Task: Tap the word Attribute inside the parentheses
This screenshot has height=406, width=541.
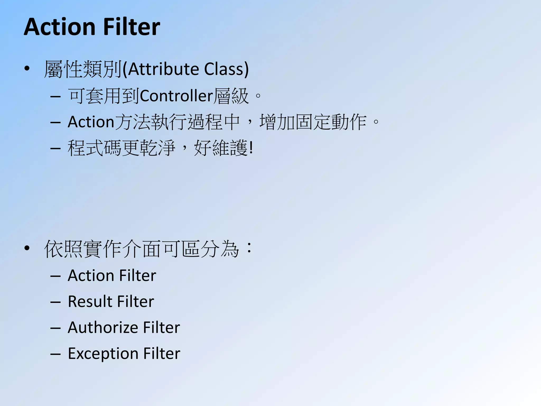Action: (164, 69)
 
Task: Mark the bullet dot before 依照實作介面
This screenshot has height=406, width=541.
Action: (27, 248)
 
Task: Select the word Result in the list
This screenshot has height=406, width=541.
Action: (90, 301)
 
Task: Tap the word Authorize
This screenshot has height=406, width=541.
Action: (103, 327)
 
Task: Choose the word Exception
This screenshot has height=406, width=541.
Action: (103, 354)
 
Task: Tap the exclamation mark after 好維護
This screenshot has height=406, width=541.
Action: (251, 148)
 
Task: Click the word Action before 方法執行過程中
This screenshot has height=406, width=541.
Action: (91, 122)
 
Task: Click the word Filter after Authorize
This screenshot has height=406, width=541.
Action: (161, 327)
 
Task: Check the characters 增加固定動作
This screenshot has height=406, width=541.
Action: (313, 122)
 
